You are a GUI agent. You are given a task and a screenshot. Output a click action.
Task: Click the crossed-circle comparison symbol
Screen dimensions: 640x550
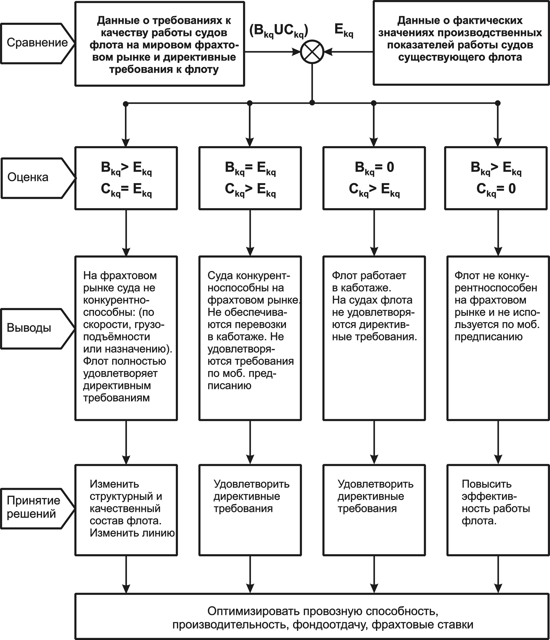coord(312,52)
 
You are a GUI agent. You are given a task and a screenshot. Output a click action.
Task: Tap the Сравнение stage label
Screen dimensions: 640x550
coord(37,43)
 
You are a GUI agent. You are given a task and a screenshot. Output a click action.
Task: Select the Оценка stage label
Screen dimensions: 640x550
coord(28,177)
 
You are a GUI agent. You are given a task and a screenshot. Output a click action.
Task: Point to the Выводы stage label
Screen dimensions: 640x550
coord(29,328)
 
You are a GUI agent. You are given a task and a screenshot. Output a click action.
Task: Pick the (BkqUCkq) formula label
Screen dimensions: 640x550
coord(279,31)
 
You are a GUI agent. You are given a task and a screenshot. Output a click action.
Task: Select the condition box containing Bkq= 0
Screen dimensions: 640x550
coord(374,178)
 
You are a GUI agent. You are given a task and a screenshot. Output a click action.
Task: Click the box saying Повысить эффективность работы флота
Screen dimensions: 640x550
coord(498,510)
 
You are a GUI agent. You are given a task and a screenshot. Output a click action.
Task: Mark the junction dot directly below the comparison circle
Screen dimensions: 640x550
coord(312,103)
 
